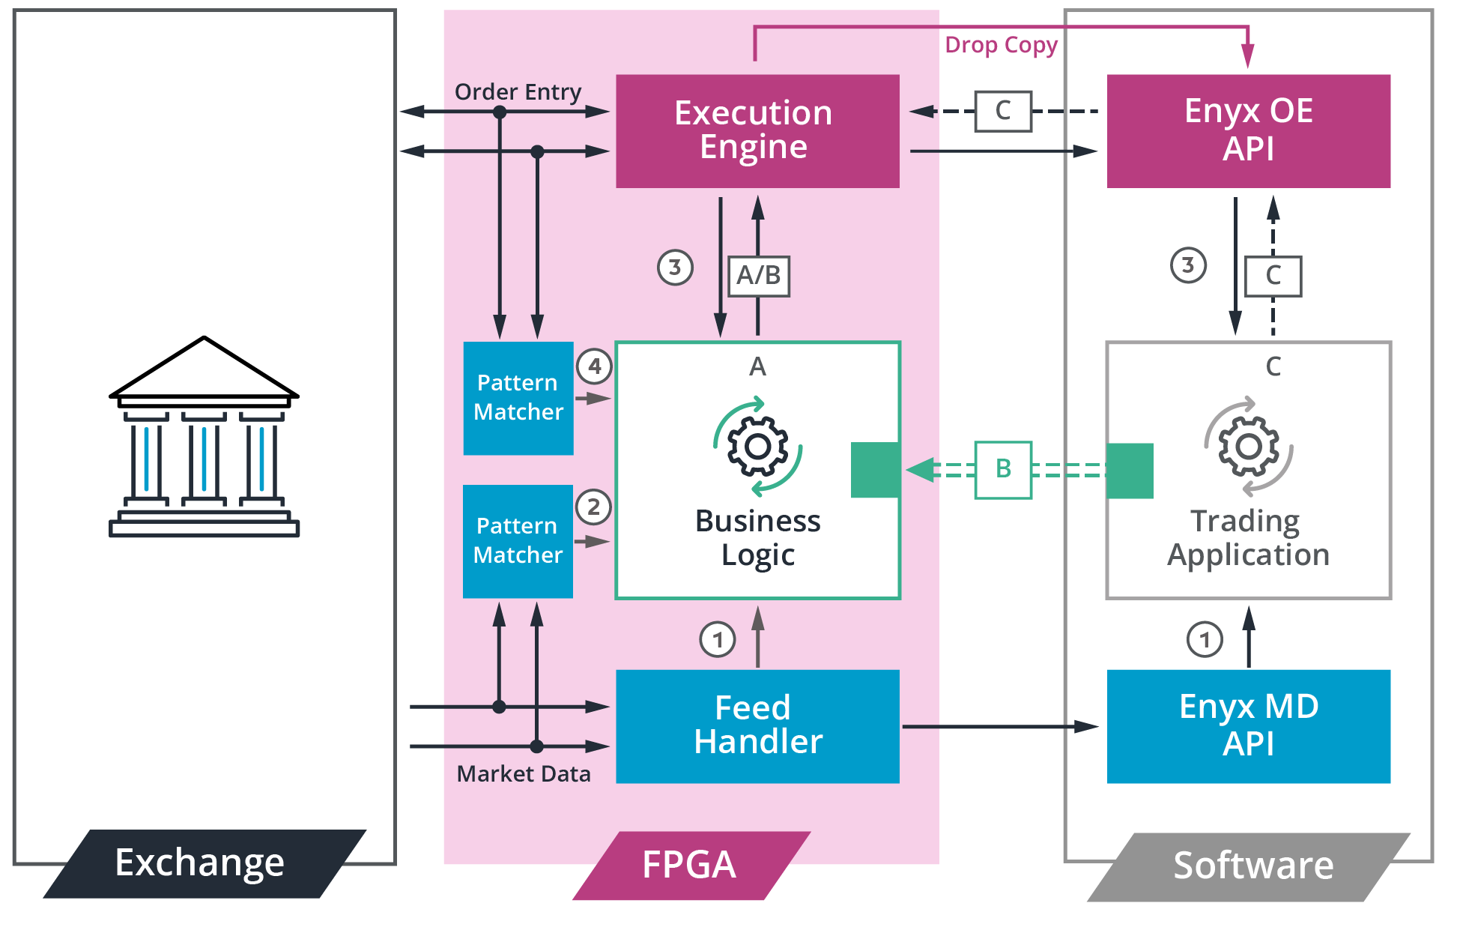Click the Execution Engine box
[757, 130]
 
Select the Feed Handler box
[757, 725]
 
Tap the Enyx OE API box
[1248, 130]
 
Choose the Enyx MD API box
[1248, 725]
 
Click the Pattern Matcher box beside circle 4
[518, 398]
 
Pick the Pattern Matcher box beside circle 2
[518, 541]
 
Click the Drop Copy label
[1001, 45]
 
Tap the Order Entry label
[518, 91]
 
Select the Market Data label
[523, 773]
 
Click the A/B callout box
[759, 276]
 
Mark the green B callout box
[1003, 470]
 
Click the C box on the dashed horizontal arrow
[1003, 111]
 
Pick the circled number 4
[594, 366]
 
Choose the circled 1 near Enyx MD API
[1205, 640]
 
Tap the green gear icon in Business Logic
[758, 447]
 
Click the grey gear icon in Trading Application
[1248, 447]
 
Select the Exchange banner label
[200, 863]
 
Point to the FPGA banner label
[689, 865]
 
